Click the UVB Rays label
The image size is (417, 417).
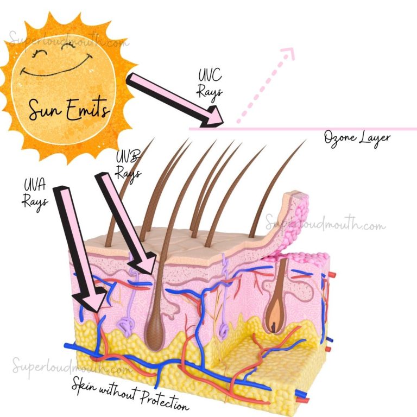point(128,166)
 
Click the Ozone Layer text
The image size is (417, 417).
point(357,139)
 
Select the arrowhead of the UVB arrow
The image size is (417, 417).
point(143,262)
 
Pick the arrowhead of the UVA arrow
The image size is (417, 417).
point(90,299)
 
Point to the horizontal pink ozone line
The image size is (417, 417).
point(302,129)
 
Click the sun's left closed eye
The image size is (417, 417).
point(38,52)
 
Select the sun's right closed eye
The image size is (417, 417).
point(68,46)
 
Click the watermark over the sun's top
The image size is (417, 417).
point(68,39)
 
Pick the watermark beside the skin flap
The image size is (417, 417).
point(326,224)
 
